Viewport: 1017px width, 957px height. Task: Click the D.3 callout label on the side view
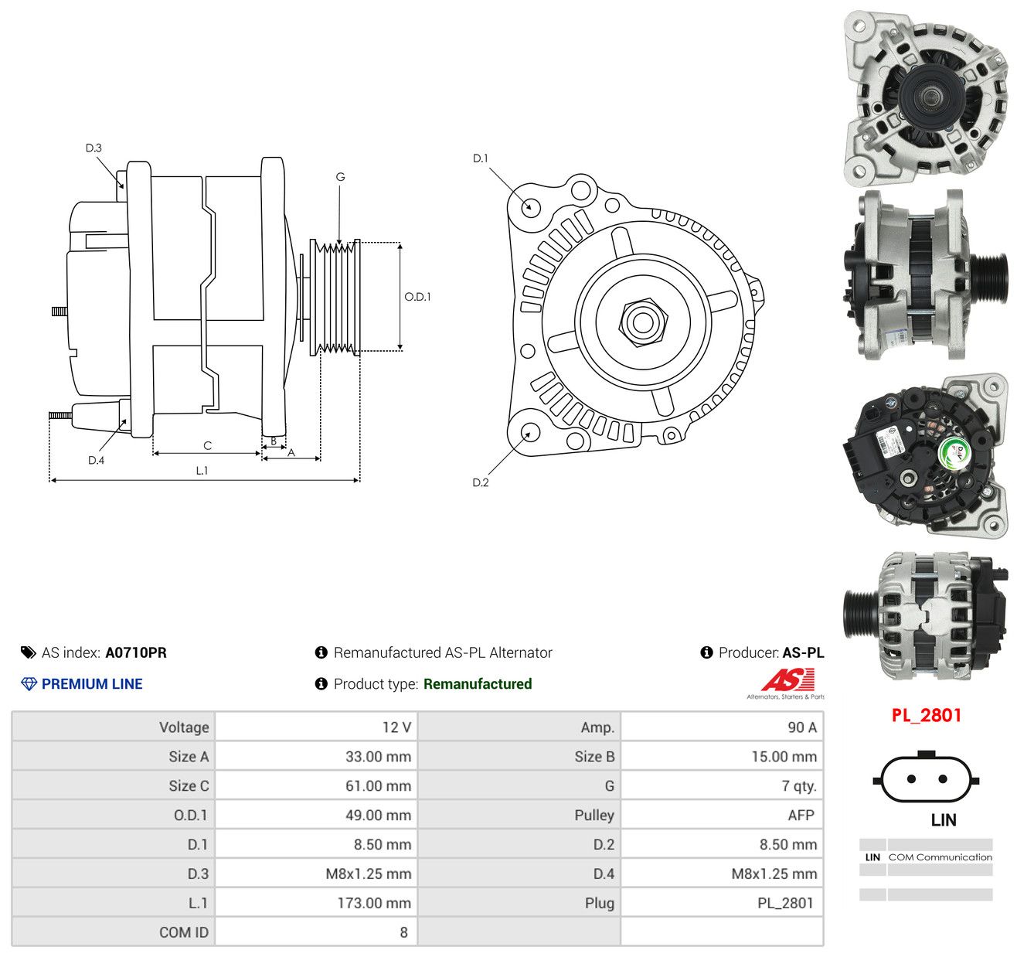point(94,148)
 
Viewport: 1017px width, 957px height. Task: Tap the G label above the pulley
point(340,177)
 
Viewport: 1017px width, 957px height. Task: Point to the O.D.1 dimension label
point(417,297)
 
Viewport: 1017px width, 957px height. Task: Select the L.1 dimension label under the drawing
point(202,470)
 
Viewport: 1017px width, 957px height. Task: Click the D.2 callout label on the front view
point(481,482)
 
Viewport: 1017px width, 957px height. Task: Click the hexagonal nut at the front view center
point(643,322)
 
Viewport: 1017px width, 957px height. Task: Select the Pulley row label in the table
point(594,815)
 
